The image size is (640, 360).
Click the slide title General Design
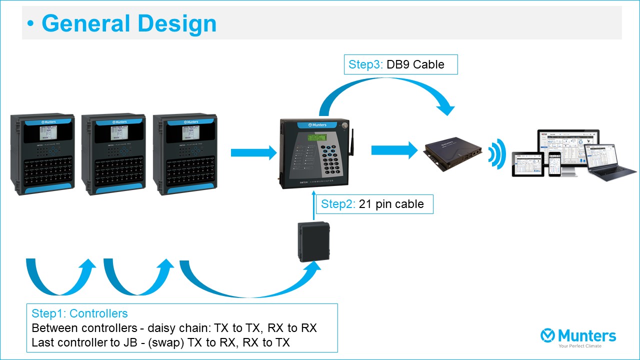pos(128,23)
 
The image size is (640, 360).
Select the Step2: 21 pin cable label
pos(374,204)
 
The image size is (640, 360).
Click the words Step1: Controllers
pos(79,313)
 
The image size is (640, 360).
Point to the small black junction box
pos(314,242)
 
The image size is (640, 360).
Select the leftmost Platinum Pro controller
pos(42,154)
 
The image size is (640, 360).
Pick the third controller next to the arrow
pos(184,154)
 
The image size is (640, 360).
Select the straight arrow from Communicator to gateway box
pos(393,150)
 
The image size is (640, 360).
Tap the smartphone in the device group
pos(555,164)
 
